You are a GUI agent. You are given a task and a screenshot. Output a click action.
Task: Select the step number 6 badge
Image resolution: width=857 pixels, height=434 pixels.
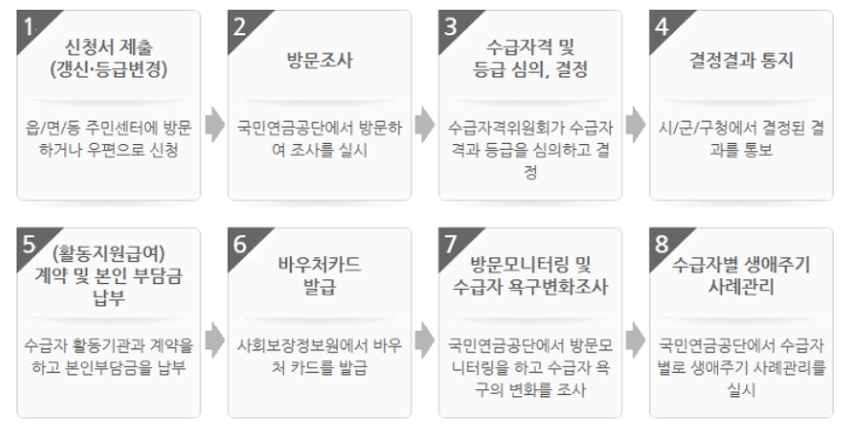coord(241,243)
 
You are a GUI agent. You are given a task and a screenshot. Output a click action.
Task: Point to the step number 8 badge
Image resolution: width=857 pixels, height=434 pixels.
coord(663,243)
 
